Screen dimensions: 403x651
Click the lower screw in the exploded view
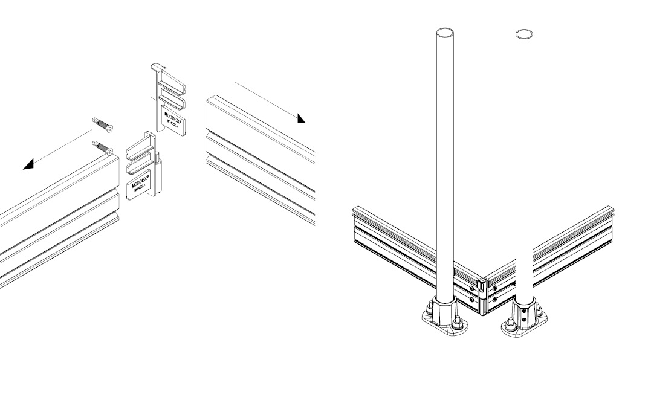pos(104,147)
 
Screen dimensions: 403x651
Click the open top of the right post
pos(524,33)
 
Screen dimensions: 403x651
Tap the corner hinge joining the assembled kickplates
pos(482,296)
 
